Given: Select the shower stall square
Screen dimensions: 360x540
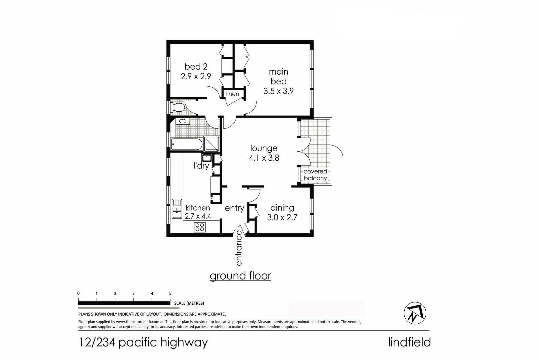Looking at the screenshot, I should [211, 144].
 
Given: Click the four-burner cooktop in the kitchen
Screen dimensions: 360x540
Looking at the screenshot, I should [200, 227].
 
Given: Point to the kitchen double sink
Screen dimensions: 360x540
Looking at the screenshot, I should [177, 209].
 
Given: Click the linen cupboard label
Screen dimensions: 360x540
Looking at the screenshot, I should [232, 94].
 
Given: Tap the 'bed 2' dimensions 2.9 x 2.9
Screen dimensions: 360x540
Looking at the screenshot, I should [196, 76].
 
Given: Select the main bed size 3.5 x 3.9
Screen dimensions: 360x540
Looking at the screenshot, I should [278, 91].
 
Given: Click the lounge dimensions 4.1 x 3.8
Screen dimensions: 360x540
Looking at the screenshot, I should [264, 158].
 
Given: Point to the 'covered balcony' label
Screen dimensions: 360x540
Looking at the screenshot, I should [315, 175].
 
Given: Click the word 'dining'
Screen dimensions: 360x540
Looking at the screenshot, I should [282, 208].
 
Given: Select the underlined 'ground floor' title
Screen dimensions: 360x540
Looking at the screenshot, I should [240, 276].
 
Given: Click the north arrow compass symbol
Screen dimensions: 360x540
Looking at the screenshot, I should [415, 313].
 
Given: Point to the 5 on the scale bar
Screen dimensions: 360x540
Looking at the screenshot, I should [170, 294].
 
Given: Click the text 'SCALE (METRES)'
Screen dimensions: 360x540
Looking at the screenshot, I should [189, 303].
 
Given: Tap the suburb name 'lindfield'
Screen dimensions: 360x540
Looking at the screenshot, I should [409, 342].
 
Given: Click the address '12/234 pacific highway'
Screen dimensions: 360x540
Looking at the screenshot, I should [143, 342].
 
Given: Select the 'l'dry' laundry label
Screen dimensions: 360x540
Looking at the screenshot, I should [201, 165].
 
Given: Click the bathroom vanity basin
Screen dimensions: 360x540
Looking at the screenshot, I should [183, 121].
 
